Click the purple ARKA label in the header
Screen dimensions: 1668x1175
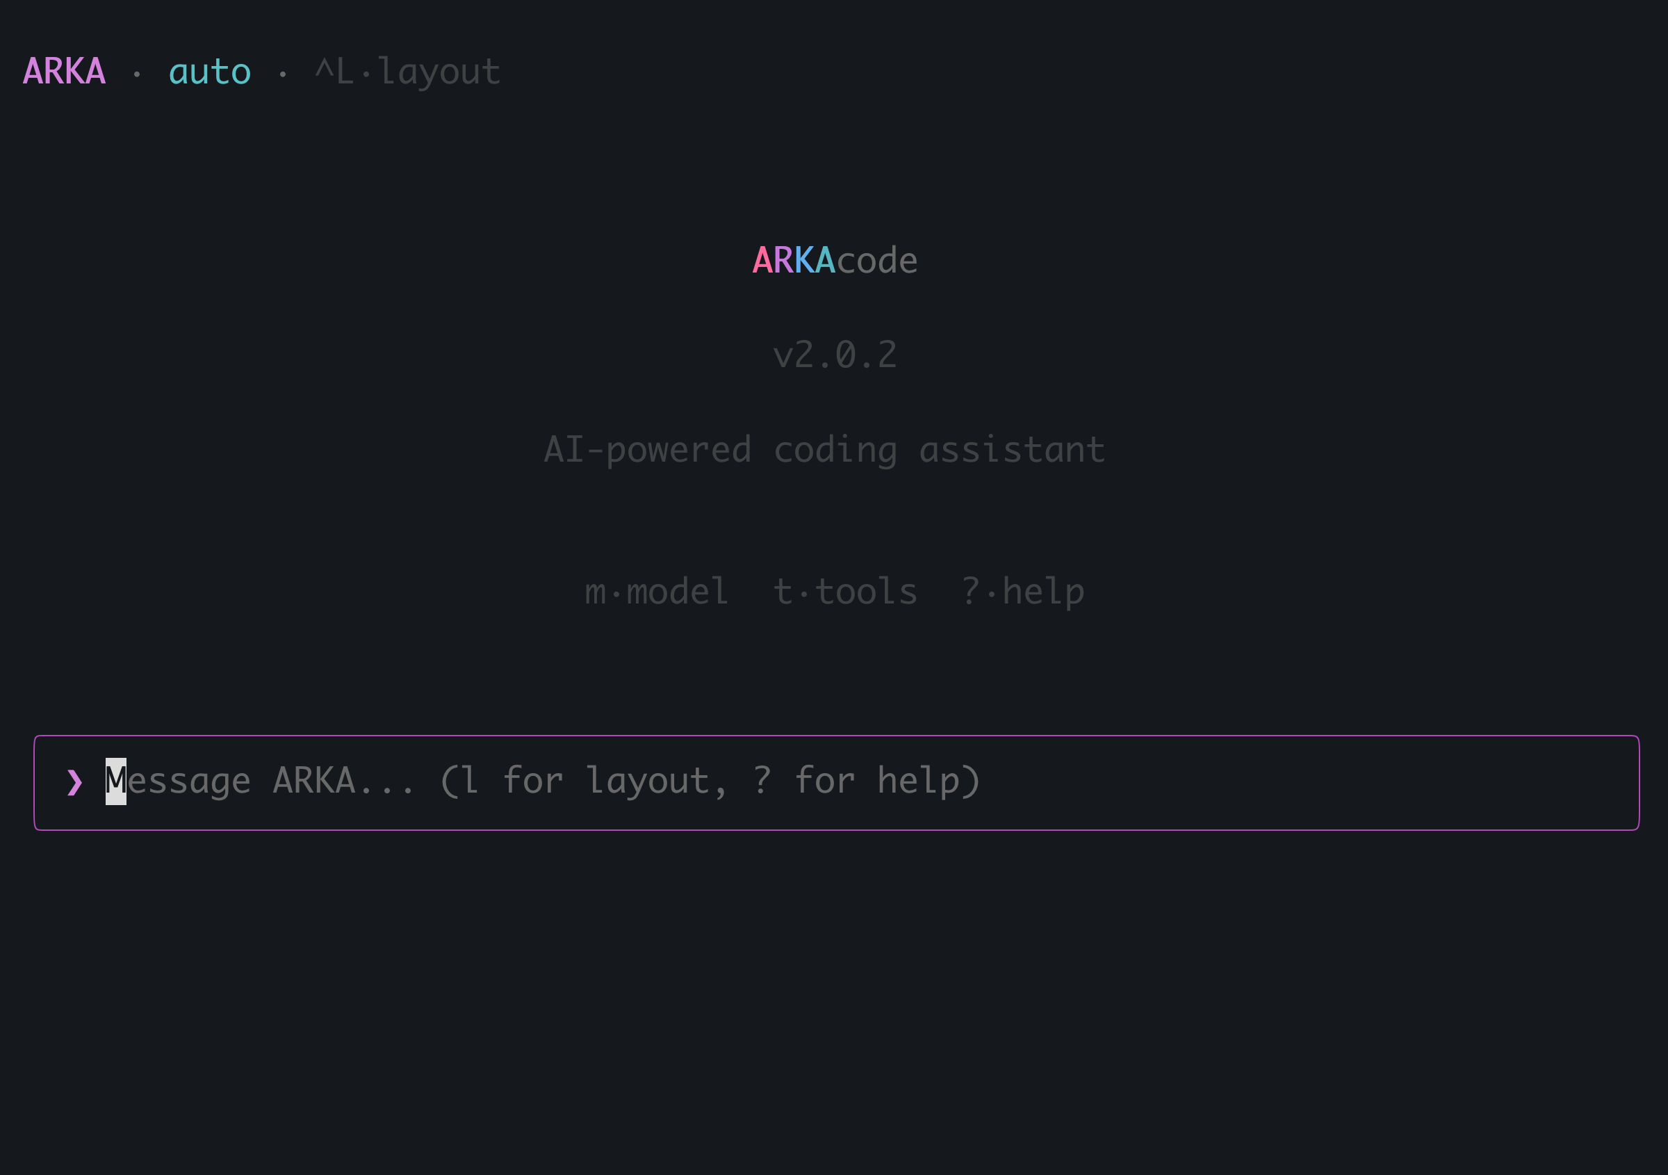pyautogui.click(x=64, y=72)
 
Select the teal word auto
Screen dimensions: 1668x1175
pyautogui.click(x=210, y=72)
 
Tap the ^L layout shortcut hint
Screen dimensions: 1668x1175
pyautogui.click(x=407, y=72)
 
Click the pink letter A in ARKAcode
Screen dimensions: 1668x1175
pyautogui.click(x=762, y=260)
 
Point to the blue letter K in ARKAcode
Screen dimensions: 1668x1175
pyautogui.click(x=804, y=260)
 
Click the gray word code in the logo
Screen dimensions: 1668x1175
pyautogui.click(x=877, y=260)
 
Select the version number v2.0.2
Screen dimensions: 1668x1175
pyautogui.click(x=835, y=355)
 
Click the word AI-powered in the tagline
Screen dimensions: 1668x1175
pyautogui.click(x=647, y=450)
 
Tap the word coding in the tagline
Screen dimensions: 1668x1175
pyautogui.click(x=835, y=450)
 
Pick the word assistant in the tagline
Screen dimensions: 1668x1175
pyautogui.click(x=1012, y=450)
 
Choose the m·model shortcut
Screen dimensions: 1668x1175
pyautogui.click(x=656, y=592)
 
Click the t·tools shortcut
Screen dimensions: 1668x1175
pyautogui.click(x=845, y=592)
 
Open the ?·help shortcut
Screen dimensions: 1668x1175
pyautogui.click(x=1022, y=592)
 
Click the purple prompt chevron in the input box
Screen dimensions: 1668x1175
pyautogui.click(x=74, y=783)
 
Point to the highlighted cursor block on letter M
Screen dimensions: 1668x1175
pyautogui.click(x=115, y=781)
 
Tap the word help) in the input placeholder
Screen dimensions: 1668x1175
pyautogui.click(x=929, y=781)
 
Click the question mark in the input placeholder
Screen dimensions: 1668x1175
pyautogui.click(x=761, y=781)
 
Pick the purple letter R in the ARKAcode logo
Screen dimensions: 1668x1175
pyautogui.click(x=783, y=260)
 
